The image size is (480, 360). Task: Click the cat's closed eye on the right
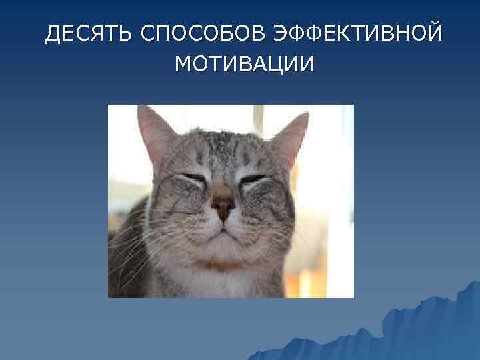point(256,180)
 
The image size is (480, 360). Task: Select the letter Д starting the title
point(53,33)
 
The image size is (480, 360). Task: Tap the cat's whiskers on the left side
point(137,240)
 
